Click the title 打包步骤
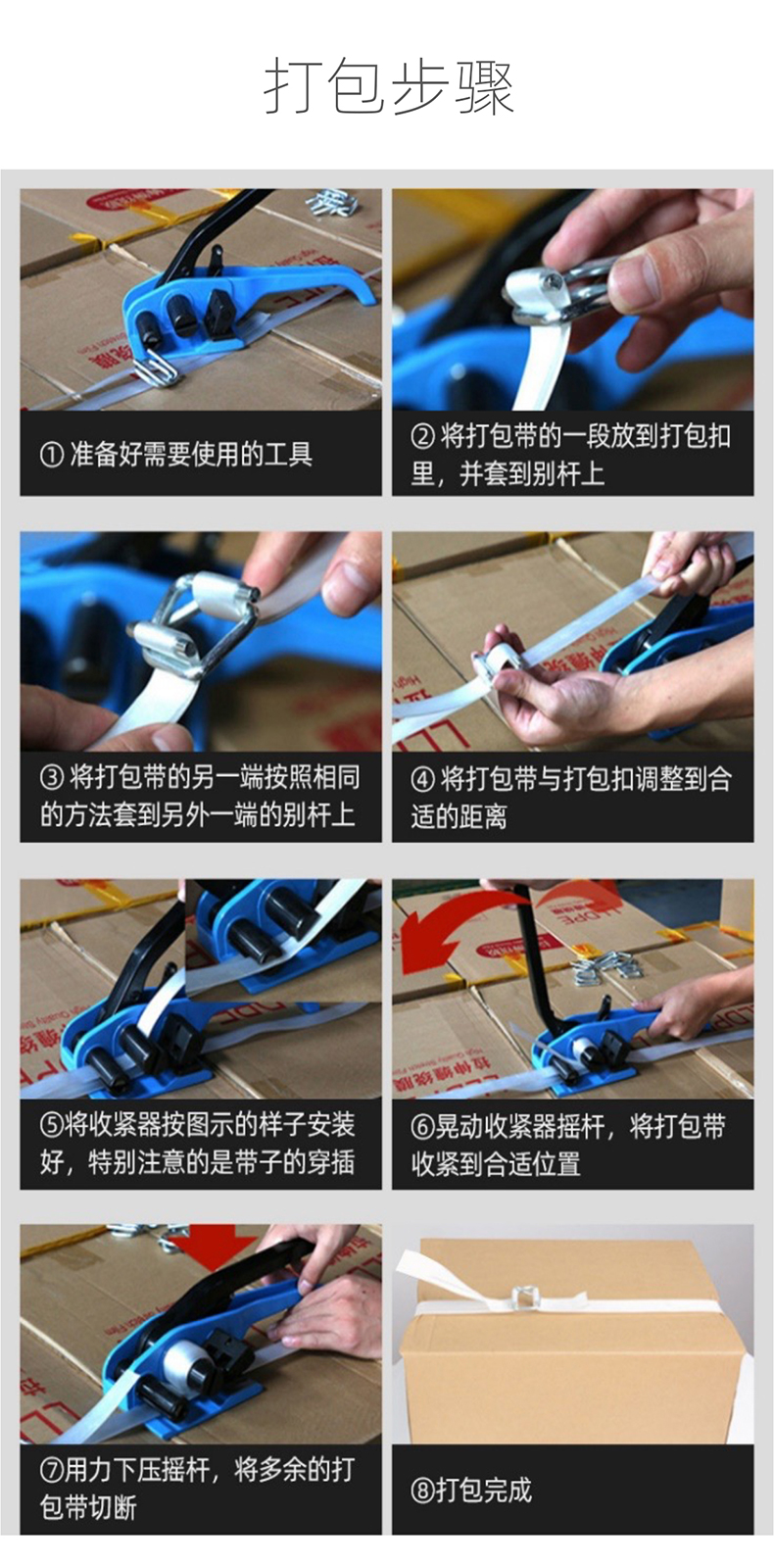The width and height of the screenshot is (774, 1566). click(388, 87)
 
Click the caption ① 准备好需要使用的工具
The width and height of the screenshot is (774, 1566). click(176, 455)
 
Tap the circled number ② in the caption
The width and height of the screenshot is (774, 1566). click(422, 436)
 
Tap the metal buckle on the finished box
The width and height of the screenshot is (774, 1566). click(524, 1297)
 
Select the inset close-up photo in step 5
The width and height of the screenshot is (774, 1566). click(283, 941)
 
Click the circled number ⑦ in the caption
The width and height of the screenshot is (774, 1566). click(52, 1471)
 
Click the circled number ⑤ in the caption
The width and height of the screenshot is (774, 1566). click(52, 1126)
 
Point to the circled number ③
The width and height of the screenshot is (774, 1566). click(52, 777)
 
